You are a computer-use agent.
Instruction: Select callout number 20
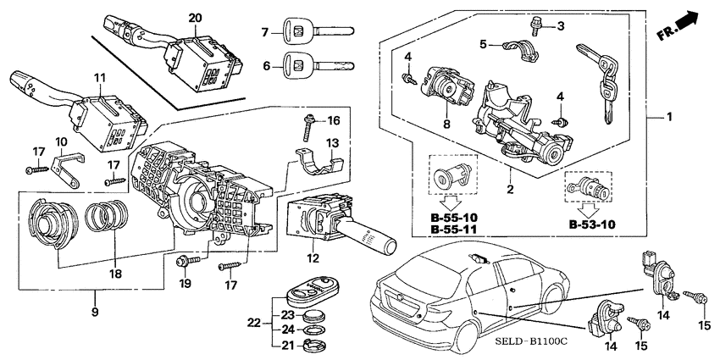(x=196, y=18)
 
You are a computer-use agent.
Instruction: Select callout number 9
(x=95, y=313)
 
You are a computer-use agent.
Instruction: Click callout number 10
(x=61, y=141)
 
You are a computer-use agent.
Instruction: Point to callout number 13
(x=334, y=141)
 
